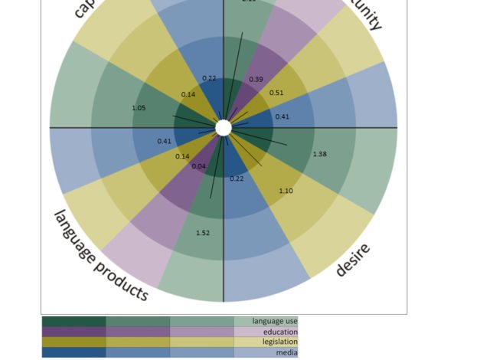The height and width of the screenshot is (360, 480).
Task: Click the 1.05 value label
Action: (139, 108)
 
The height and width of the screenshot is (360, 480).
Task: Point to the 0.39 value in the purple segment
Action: (256, 80)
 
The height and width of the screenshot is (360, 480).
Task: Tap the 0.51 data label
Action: (276, 93)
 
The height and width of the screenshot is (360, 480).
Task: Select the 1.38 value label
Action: (320, 154)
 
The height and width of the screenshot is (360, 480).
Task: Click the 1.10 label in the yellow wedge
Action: (286, 191)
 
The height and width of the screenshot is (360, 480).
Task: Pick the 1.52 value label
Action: (203, 233)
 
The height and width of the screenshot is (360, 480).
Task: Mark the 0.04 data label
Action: (198, 166)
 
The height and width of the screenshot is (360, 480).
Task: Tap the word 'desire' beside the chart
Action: (353, 260)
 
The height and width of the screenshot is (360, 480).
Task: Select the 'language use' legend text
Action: (275, 322)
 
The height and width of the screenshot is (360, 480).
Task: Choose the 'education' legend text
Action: (280, 332)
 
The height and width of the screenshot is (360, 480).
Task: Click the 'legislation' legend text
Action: (277, 342)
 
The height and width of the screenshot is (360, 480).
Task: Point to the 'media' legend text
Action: (287, 352)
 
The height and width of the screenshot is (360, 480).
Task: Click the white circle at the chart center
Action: (223, 128)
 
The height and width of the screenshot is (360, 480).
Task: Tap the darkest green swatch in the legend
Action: (73, 322)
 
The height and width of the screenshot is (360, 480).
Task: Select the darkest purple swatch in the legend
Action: (73, 332)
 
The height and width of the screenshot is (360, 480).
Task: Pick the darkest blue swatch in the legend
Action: (73, 352)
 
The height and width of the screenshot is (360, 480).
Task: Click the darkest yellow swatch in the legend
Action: (73, 342)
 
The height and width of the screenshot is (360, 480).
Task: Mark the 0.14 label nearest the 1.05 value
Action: (188, 94)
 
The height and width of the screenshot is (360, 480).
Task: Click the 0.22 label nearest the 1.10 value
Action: (237, 178)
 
